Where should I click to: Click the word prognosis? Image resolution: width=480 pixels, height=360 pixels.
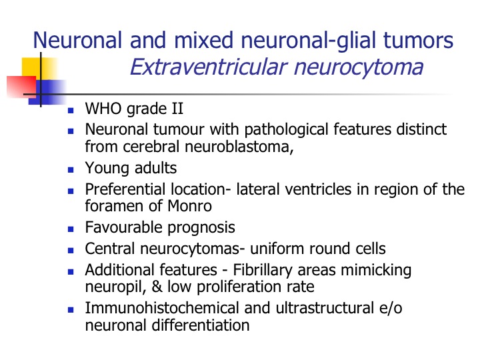tap(201, 227)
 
